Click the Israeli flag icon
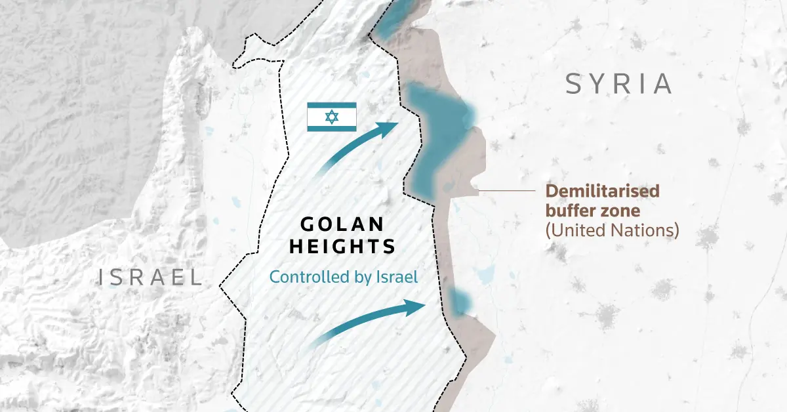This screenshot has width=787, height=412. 332,117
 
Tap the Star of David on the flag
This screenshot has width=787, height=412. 332,117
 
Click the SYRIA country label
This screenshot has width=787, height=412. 619,84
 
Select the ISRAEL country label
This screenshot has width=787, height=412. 150,277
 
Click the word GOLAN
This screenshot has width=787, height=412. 342,224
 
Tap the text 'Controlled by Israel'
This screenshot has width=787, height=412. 344,277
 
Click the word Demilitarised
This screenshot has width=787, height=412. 603,192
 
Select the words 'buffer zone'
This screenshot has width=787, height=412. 592,211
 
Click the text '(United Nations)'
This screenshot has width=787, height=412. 612,230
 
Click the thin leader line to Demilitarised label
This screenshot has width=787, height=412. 508,191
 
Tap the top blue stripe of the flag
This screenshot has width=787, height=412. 332,106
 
